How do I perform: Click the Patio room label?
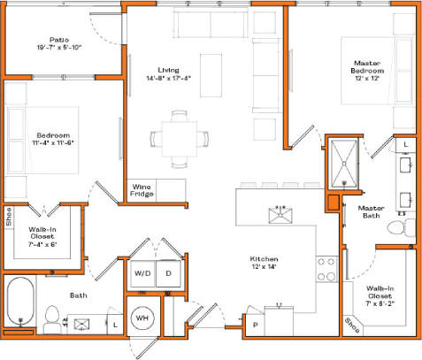(59, 39)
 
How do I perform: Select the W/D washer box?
(142, 274)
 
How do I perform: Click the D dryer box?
(168, 274)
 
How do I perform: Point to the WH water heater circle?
(142, 318)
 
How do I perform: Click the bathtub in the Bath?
(19, 303)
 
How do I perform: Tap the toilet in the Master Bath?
(402, 229)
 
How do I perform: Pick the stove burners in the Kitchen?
(326, 267)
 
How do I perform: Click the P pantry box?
(256, 326)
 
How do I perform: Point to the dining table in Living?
(180, 138)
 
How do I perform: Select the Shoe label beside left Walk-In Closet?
(9, 217)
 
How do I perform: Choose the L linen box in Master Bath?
(405, 143)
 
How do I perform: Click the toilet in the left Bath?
(52, 317)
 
